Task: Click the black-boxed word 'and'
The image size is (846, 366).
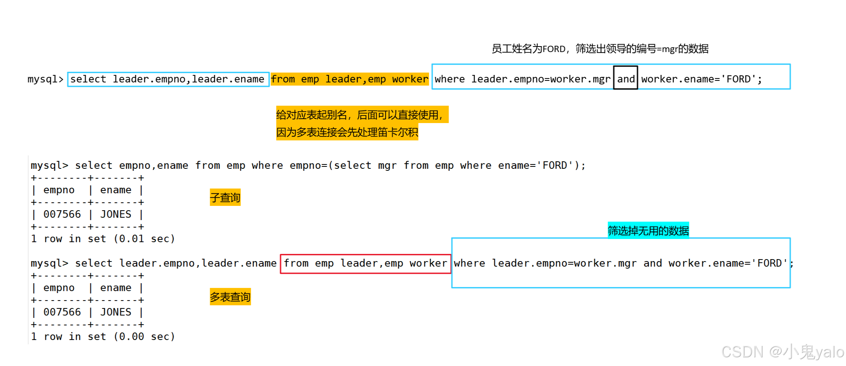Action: tap(626, 79)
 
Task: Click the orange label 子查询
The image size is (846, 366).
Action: tap(225, 198)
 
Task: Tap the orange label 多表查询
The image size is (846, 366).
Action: tap(230, 297)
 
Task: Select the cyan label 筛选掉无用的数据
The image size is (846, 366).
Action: tap(648, 231)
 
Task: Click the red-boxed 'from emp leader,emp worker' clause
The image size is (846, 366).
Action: tap(365, 263)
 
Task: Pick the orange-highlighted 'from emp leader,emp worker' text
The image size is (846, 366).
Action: tap(349, 79)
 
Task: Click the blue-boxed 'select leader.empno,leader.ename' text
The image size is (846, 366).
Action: tap(168, 79)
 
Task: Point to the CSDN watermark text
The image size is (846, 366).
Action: tap(782, 352)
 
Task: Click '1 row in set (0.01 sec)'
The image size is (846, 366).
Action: tap(103, 239)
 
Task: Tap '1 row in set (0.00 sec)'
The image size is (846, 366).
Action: tap(103, 337)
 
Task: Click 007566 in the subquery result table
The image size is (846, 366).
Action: tap(62, 215)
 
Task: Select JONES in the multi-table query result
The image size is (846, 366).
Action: tap(116, 312)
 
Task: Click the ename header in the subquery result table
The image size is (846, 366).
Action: tap(116, 190)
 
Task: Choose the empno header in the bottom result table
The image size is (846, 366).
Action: tap(59, 288)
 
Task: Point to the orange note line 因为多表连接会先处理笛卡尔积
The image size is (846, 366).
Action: tap(347, 132)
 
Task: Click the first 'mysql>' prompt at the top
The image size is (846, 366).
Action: tap(45, 79)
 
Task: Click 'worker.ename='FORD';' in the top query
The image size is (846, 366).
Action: tap(702, 79)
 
